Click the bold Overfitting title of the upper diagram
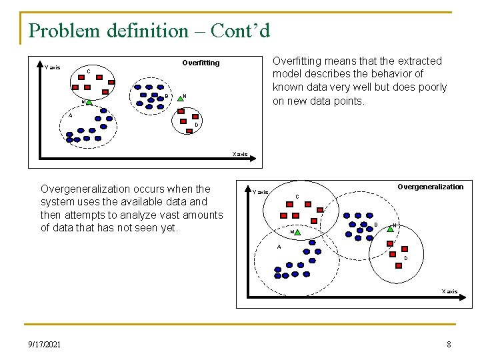click(x=201, y=63)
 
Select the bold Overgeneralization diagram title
click(x=430, y=187)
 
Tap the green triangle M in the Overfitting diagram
click(x=89, y=102)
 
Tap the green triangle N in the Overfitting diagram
click(x=180, y=97)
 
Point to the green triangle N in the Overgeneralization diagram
click(x=390, y=226)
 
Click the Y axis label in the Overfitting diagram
click(x=53, y=67)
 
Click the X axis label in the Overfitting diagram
click(x=239, y=154)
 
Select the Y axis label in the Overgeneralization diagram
click(x=260, y=192)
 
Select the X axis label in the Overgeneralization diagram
click(x=449, y=291)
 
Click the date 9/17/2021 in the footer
click(x=44, y=344)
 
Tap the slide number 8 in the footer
click(x=449, y=344)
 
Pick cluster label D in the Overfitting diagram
click(x=196, y=125)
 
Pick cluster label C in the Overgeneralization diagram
click(x=297, y=196)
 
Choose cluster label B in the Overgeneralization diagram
click(x=375, y=225)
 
